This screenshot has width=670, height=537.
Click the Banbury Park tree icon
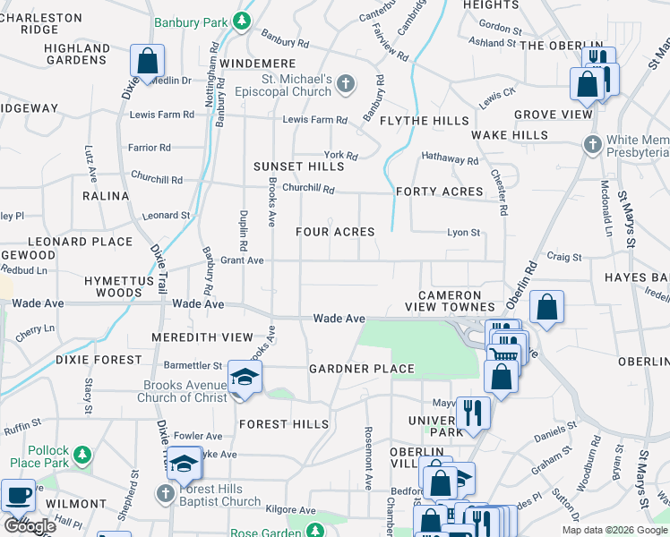click(241, 21)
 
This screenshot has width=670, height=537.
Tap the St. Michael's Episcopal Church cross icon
click(347, 85)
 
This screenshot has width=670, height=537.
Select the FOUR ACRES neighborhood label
click(335, 232)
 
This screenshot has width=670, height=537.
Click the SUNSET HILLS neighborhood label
click(298, 166)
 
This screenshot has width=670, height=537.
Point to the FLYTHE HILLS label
click(424, 121)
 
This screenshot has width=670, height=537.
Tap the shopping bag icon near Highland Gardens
click(147, 62)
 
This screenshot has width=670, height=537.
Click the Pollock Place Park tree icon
click(82, 455)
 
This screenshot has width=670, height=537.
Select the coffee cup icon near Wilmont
click(19, 494)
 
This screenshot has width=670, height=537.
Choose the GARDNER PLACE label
click(362, 369)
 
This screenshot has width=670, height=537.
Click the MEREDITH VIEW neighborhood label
click(202, 337)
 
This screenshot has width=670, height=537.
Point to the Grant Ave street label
click(243, 260)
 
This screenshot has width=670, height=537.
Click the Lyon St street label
click(463, 233)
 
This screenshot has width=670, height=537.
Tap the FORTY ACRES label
click(439, 192)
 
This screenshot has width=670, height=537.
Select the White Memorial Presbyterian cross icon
click(592, 145)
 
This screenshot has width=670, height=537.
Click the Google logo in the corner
click(30, 526)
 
